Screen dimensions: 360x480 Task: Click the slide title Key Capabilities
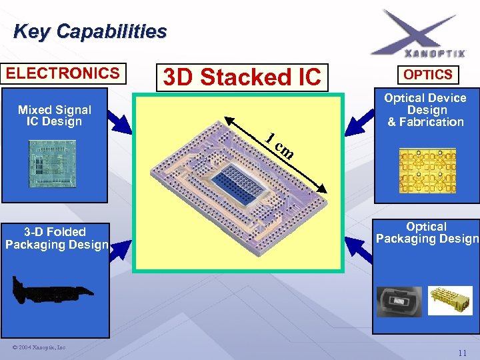point(90,31)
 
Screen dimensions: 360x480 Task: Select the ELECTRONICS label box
point(63,73)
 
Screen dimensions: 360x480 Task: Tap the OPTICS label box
point(427,75)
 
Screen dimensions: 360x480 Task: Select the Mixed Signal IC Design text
point(54,115)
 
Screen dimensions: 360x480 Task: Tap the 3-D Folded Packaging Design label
point(56,238)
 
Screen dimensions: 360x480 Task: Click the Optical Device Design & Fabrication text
point(426,110)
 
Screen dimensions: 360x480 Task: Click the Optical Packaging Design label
point(427,233)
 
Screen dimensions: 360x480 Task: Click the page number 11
point(462,352)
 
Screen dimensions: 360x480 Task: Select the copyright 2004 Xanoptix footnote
point(39,347)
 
